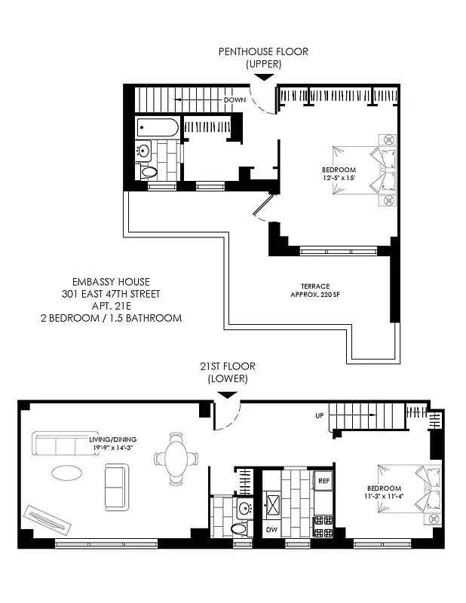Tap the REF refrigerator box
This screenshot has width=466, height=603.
tap(323, 480)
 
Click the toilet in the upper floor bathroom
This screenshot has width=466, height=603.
tap(149, 172)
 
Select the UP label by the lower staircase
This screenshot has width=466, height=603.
tap(320, 415)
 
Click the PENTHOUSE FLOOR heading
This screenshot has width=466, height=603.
tap(263, 52)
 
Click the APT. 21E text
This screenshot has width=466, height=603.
tap(112, 306)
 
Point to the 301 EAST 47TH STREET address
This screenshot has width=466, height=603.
tap(112, 294)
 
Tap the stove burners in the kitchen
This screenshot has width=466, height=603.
tap(323, 525)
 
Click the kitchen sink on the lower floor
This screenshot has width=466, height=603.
tap(272, 504)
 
